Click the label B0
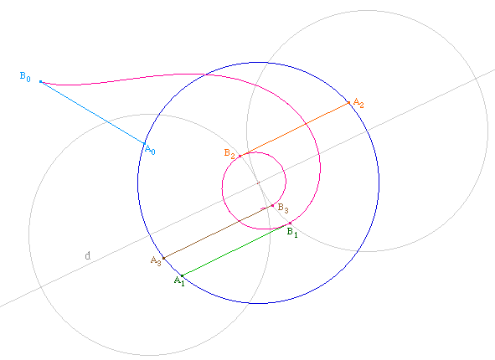(x=25, y=77)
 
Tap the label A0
(x=150, y=150)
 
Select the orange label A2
(x=358, y=103)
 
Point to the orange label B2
(x=229, y=154)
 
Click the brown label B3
(x=283, y=208)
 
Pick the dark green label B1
(x=292, y=233)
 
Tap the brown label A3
(x=156, y=261)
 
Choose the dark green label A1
(x=179, y=280)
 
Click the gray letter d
(x=88, y=255)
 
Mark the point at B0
(x=40, y=82)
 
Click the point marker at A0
(x=145, y=143)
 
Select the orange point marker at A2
(x=348, y=102)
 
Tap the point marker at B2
(x=240, y=156)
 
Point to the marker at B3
(x=273, y=206)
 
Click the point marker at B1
(x=290, y=224)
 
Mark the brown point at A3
(x=163, y=258)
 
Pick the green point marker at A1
(x=182, y=276)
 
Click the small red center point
(x=258, y=183)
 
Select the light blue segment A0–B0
(x=92, y=113)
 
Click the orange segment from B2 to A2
(x=294, y=130)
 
